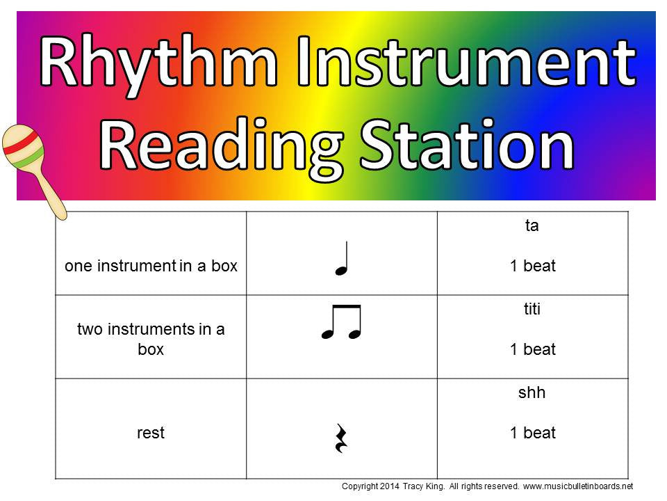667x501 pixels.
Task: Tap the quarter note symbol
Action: [x=341, y=257]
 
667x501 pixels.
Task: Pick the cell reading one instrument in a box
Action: [x=151, y=266]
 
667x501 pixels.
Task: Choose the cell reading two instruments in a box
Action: [x=151, y=339]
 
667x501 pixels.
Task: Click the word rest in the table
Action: [x=151, y=433]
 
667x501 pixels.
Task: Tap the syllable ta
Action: [x=532, y=225]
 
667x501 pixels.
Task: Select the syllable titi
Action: [x=532, y=309]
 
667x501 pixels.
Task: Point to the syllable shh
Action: [x=532, y=392]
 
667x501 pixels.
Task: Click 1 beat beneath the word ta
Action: [x=532, y=266]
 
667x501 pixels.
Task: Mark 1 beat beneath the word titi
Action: [x=532, y=349]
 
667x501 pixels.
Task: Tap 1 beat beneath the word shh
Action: [x=532, y=433]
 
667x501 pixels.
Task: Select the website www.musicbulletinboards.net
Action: [x=577, y=486]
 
